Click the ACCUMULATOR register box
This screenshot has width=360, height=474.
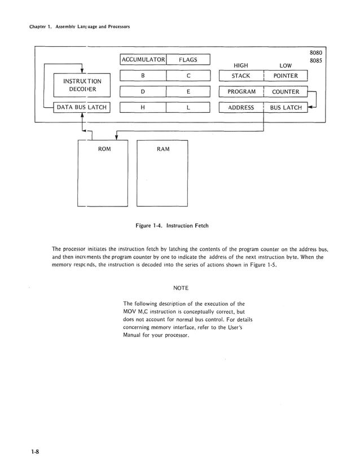pyautogui.click(x=143, y=60)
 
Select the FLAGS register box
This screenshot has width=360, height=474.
pyautogui.click(x=188, y=60)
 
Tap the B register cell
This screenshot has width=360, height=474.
pyautogui.click(x=143, y=76)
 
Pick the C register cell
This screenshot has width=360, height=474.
pyautogui.click(x=188, y=76)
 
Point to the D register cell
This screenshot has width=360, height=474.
pyautogui.click(x=143, y=92)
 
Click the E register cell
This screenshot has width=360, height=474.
pyautogui.click(x=188, y=92)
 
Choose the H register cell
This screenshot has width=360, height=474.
pyautogui.click(x=143, y=108)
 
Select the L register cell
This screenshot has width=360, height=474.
pyautogui.click(x=188, y=108)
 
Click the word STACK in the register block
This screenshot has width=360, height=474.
pyautogui.click(x=241, y=76)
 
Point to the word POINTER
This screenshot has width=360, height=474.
pyautogui.click(x=286, y=76)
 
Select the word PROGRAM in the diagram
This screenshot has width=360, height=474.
pyautogui.click(x=242, y=91)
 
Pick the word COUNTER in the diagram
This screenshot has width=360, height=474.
pyautogui.click(x=286, y=91)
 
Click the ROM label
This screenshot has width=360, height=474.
pyautogui.click(x=104, y=149)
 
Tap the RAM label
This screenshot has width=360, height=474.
pyautogui.click(x=163, y=149)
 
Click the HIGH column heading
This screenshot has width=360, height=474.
pyautogui.click(x=240, y=65)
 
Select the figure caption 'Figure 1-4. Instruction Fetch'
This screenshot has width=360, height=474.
pyautogui.click(x=172, y=226)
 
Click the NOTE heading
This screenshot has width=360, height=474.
pyautogui.click(x=181, y=288)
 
